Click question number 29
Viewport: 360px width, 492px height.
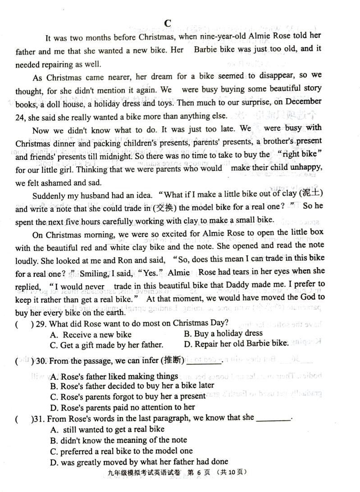pyautogui.click(x=41, y=323)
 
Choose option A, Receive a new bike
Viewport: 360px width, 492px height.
pyautogui.click(x=92, y=334)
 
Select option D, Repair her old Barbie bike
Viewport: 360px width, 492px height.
pyautogui.click(x=236, y=344)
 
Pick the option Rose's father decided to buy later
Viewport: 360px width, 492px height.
pyautogui.click(x=132, y=385)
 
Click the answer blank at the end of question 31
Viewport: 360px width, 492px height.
pyautogui.click(x=273, y=418)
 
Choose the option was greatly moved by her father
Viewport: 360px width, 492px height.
pyautogui.click(x=139, y=461)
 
